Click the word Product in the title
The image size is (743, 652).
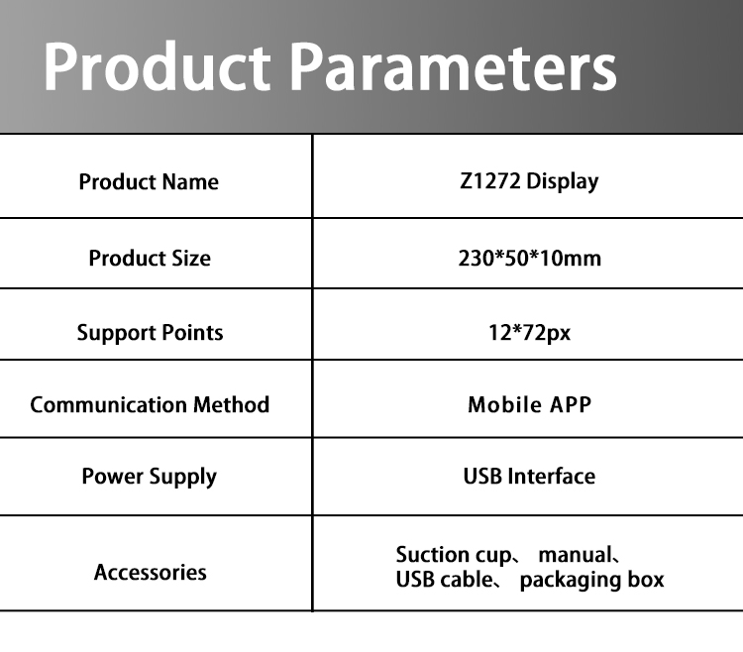(157, 67)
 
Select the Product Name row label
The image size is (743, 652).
(149, 182)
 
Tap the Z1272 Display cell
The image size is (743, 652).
(529, 181)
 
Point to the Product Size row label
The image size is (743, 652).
(150, 259)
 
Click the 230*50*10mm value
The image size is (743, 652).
(529, 259)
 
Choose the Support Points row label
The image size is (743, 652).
(150, 333)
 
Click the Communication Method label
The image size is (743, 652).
(150, 405)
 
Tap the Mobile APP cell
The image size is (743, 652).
(529, 405)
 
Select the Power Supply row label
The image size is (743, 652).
(149, 477)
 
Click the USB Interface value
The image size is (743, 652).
(529, 477)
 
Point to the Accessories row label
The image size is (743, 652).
(150, 573)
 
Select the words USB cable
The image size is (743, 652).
(443, 580)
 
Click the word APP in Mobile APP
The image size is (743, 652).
(570, 405)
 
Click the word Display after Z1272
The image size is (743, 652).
(563, 181)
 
